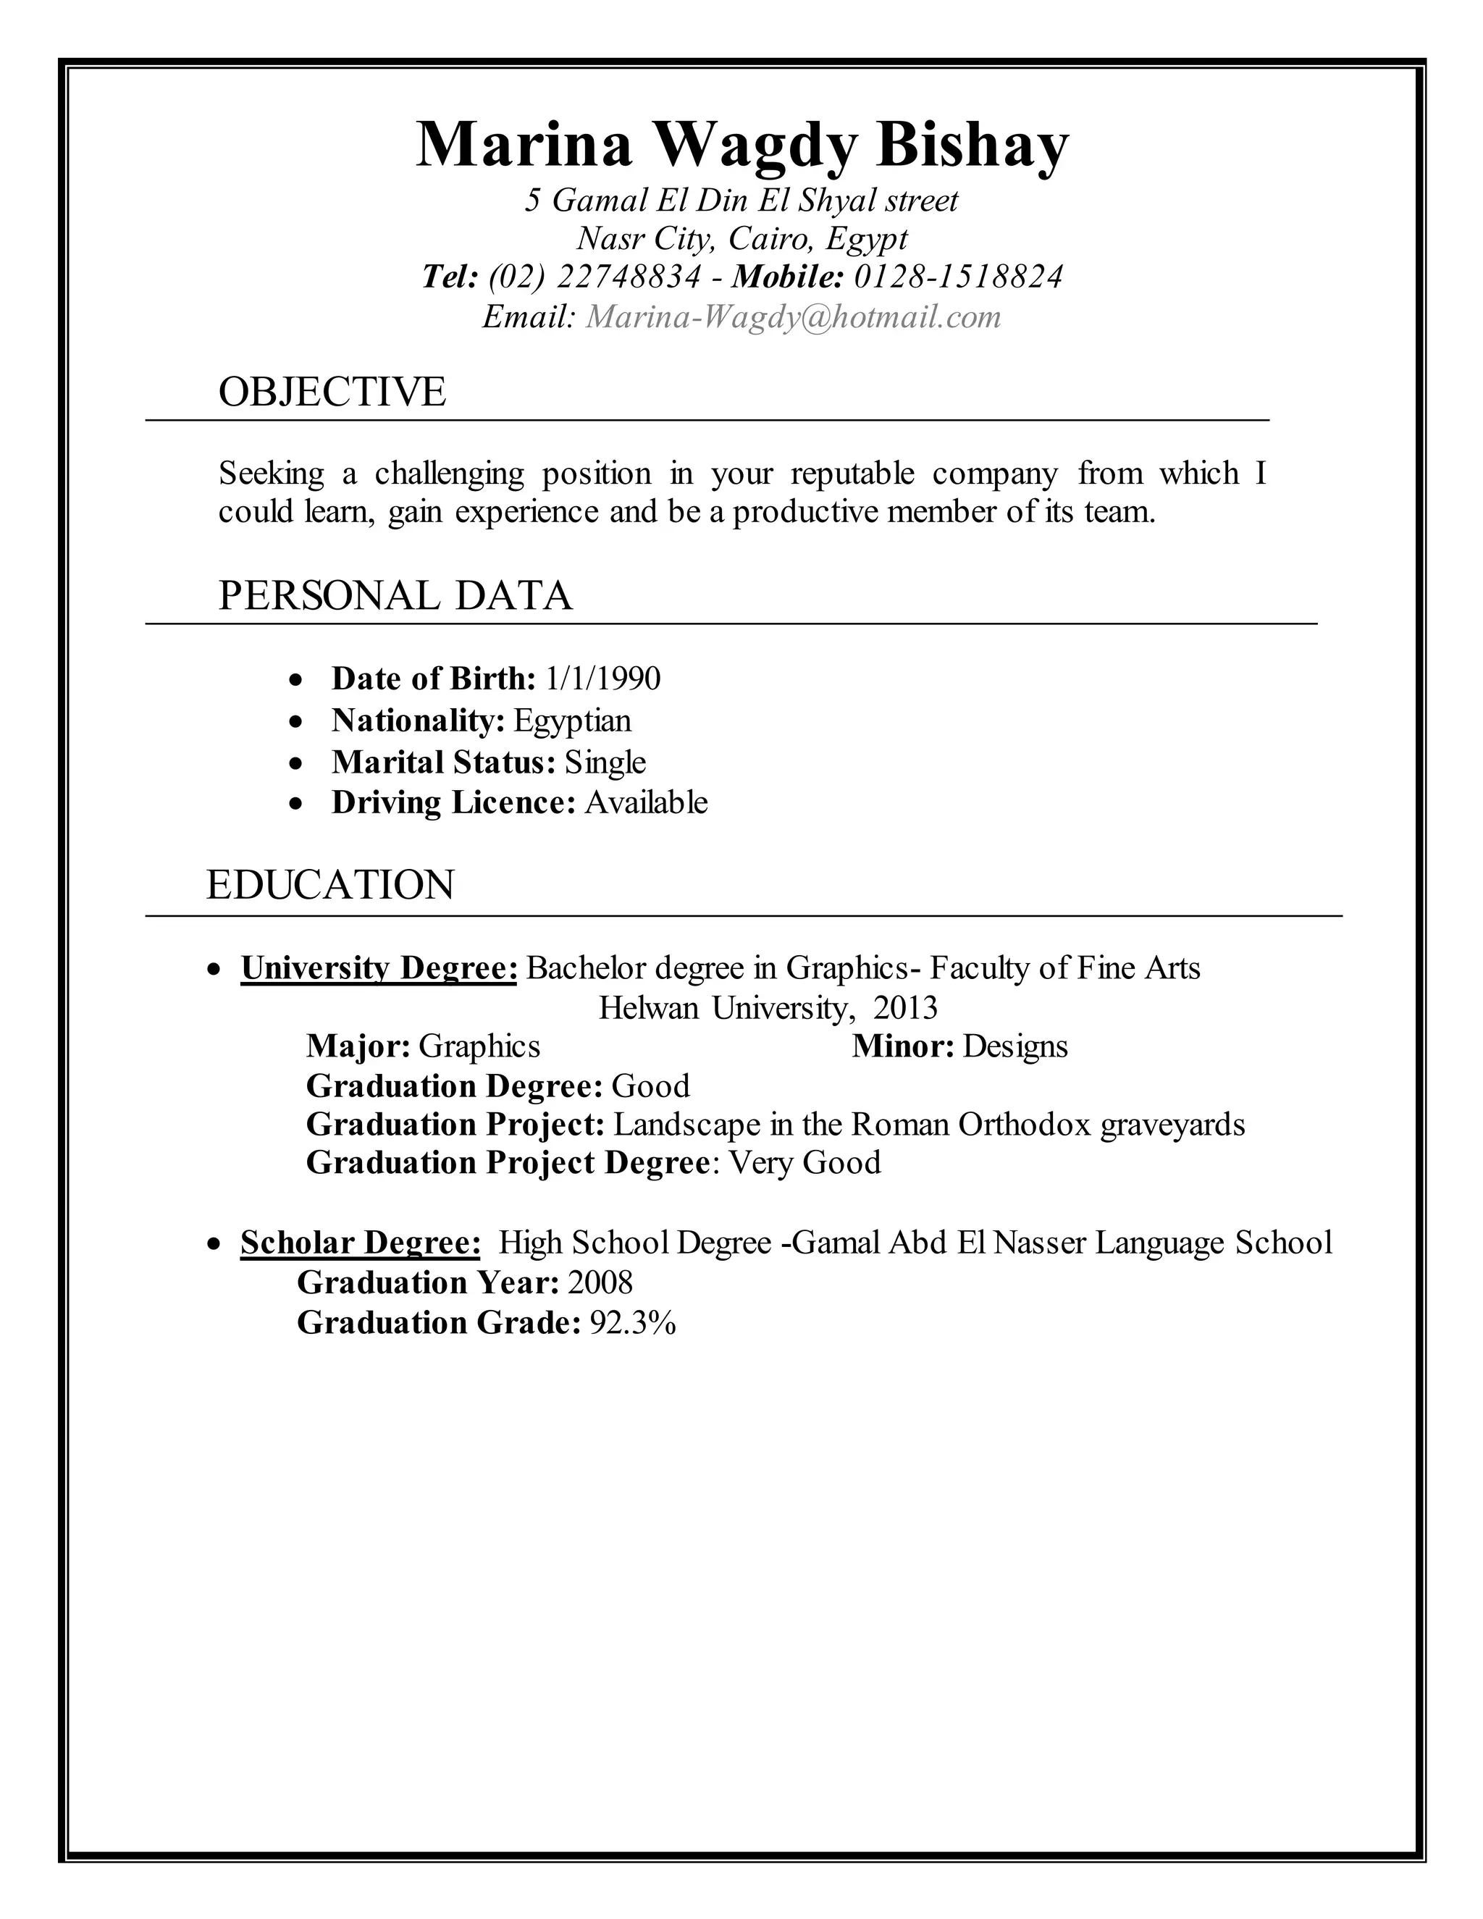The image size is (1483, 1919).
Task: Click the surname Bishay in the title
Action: [x=972, y=145]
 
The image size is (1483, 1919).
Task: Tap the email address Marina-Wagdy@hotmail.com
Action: [x=794, y=317]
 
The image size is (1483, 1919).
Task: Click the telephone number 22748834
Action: [x=629, y=277]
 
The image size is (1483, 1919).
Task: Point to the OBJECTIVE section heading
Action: [x=332, y=392]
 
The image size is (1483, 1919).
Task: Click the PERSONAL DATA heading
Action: [x=395, y=596]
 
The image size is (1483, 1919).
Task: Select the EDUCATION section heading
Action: [x=330, y=885]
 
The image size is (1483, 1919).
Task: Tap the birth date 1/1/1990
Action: [x=602, y=679]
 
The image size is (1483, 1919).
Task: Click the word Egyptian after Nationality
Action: [x=572, y=721]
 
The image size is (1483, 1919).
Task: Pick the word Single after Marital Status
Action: [x=605, y=763]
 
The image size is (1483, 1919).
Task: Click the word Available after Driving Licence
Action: [x=646, y=803]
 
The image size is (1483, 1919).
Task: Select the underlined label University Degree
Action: [x=379, y=968]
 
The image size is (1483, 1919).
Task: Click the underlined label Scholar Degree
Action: [x=360, y=1243]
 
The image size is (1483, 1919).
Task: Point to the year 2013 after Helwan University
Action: [x=906, y=1008]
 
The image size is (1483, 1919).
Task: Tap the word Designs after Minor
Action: [x=1014, y=1046]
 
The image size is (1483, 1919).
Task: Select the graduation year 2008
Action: [x=600, y=1283]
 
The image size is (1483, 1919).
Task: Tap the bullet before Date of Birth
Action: [x=297, y=680]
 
